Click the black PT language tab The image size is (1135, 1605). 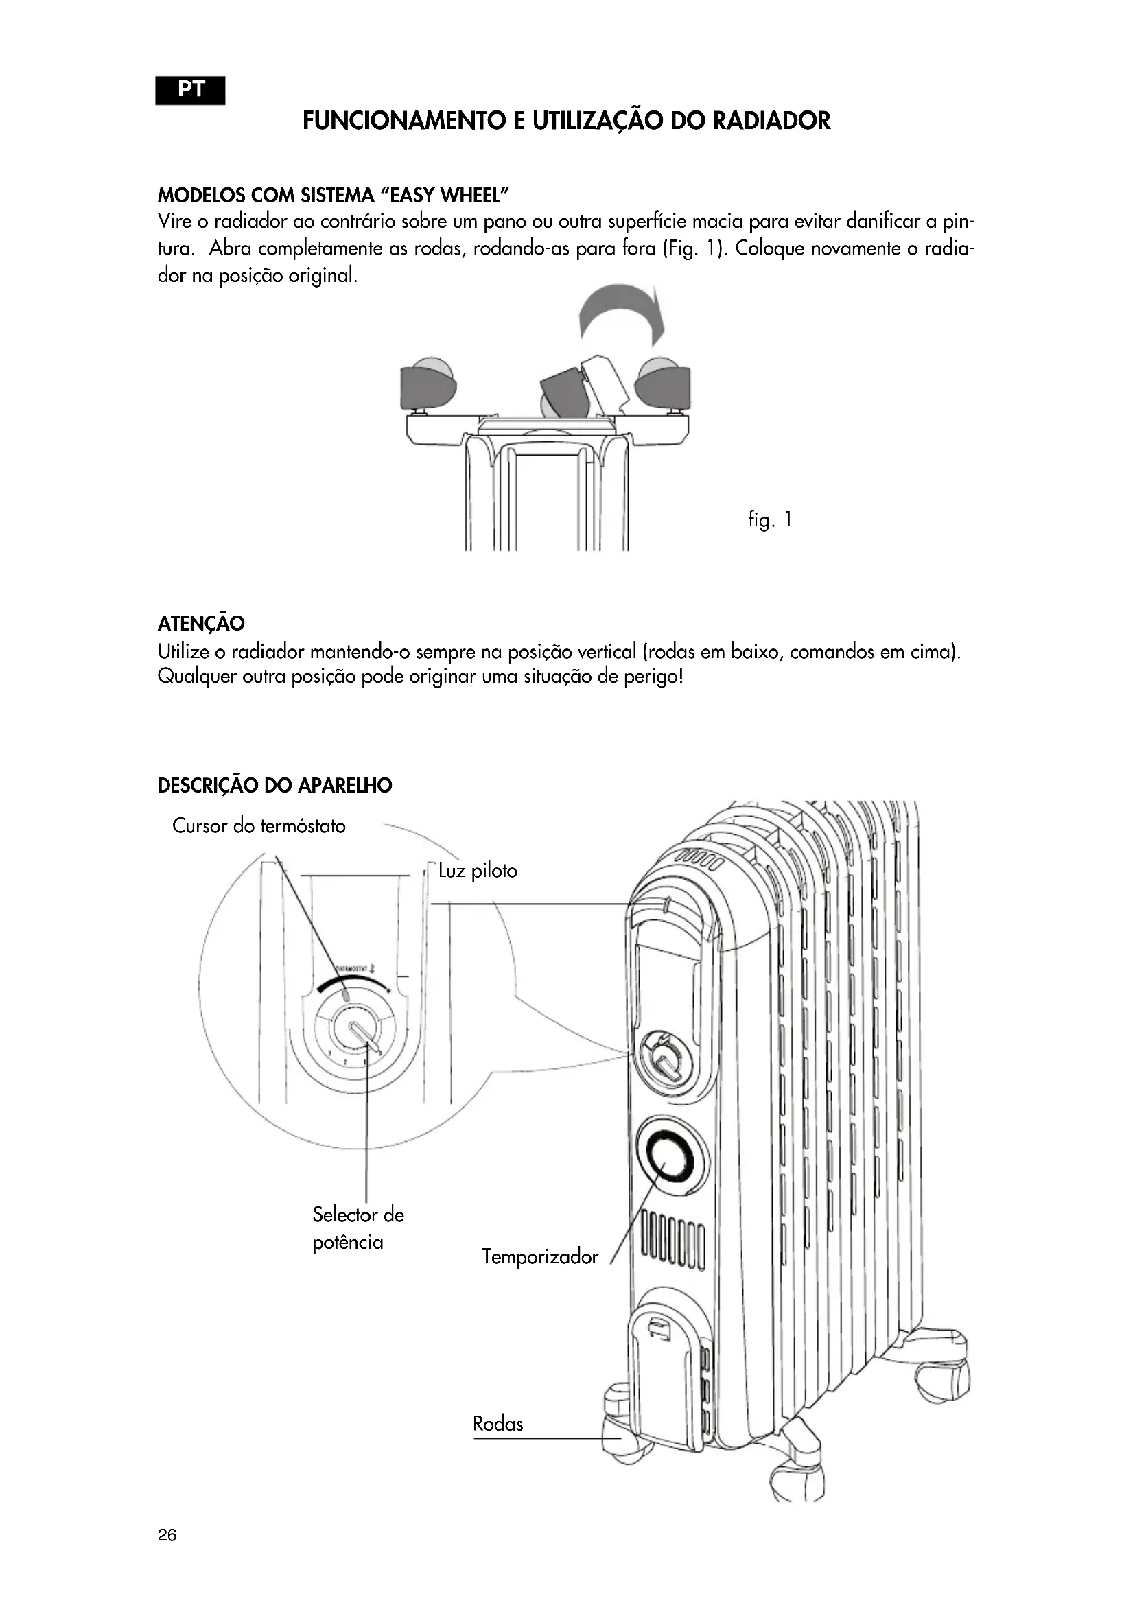(x=190, y=90)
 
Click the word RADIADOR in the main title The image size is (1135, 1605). (x=771, y=121)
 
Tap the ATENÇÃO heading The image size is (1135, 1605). (x=201, y=623)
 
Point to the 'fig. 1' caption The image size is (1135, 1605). (x=770, y=520)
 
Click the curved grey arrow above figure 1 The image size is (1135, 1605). (x=621, y=313)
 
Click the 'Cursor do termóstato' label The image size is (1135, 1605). (x=259, y=826)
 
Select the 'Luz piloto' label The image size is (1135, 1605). (x=478, y=871)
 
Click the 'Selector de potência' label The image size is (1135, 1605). (x=357, y=1228)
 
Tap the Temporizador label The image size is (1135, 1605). (x=540, y=1257)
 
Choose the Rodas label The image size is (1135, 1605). (x=498, y=1424)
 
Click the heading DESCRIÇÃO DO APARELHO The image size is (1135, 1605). (x=274, y=786)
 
